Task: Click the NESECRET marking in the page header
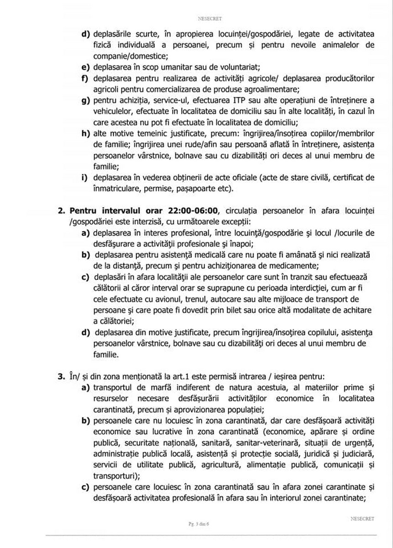pos(210,18)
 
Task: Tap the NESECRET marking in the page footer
pos(362,518)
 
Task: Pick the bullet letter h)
pos(85,133)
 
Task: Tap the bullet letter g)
pos(85,100)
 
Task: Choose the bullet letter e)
pos(85,67)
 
